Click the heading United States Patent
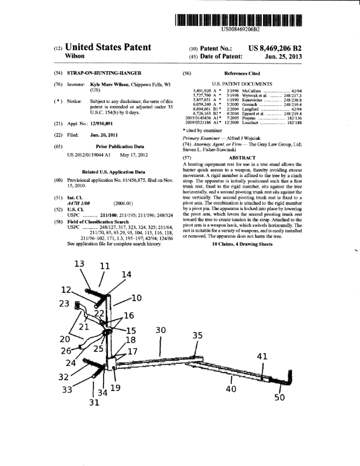[109, 47]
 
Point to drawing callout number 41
[262, 356]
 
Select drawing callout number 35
[198, 335]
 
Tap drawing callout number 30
[161, 331]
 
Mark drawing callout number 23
[66, 304]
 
